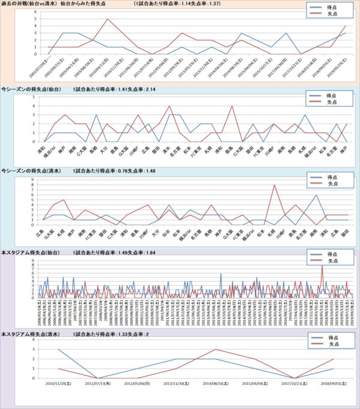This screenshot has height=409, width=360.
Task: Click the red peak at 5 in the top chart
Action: tap(107, 19)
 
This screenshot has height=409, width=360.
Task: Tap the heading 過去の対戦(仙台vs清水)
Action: tap(28, 3)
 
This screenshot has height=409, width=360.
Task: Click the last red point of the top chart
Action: tap(346, 26)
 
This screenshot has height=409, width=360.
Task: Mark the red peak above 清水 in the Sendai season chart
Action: tap(170, 106)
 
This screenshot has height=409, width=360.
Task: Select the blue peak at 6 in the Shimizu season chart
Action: tap(316, 195)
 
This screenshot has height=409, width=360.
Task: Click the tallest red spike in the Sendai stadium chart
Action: tap(322, 266)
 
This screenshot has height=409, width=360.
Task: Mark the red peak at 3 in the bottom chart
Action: tap(217, 350)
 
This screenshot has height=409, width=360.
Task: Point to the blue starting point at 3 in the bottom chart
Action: tap(59, 350)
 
